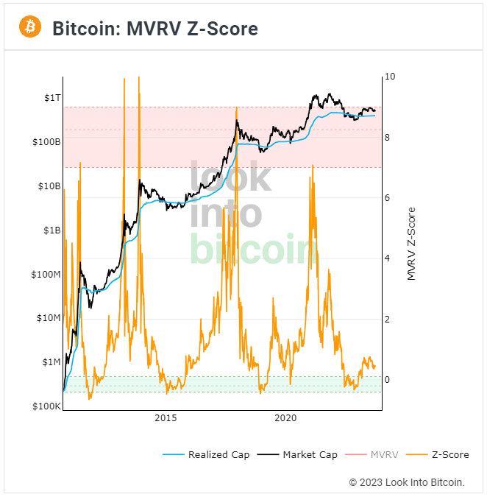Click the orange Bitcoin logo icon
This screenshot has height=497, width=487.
click(30, 28)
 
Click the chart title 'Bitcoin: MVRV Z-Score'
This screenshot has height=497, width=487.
click(154, 29)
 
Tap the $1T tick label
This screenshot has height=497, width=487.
click(50, 97)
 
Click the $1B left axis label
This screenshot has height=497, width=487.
click(50, 230)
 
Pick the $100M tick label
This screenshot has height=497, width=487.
click(45, 275)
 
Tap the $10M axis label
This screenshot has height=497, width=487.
click(47, 318)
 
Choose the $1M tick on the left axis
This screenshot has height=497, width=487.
click(50, 362)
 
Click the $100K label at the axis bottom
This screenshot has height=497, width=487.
click(45, 406)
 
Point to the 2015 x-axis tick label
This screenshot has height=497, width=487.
click(166, 418)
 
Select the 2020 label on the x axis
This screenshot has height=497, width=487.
click(285, 418)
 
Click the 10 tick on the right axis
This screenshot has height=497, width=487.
click(390, 77)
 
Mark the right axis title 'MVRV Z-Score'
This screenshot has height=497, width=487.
click(412, 243)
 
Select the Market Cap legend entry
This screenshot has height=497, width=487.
click(309, 455)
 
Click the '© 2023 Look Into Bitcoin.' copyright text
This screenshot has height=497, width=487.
click(407, 482)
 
